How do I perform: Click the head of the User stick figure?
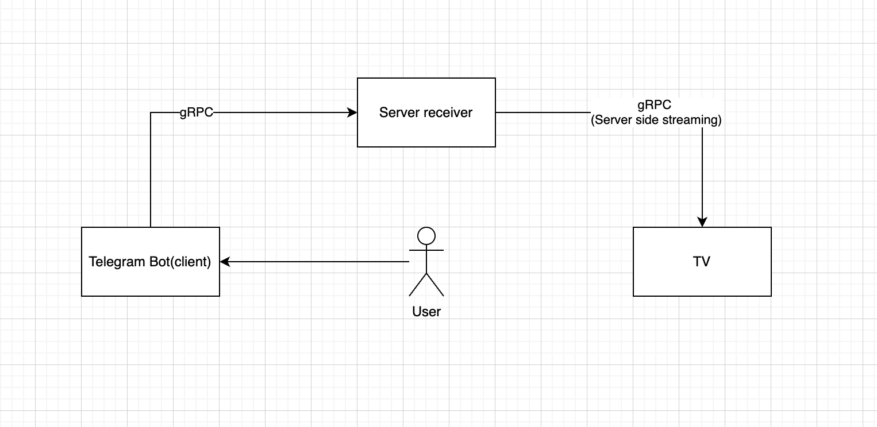tap(426, 236)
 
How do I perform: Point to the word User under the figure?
tap(426, 312)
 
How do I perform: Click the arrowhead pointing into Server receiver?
tap(352, 113)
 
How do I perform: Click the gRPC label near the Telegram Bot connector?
tap(197, 112)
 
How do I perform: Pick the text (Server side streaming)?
tap(656, 121)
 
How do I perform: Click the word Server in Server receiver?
tap(397, 112)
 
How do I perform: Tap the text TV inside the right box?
tap(702, 262)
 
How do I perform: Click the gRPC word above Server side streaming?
tap(655, 105)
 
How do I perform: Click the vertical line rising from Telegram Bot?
tap(151, 172)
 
